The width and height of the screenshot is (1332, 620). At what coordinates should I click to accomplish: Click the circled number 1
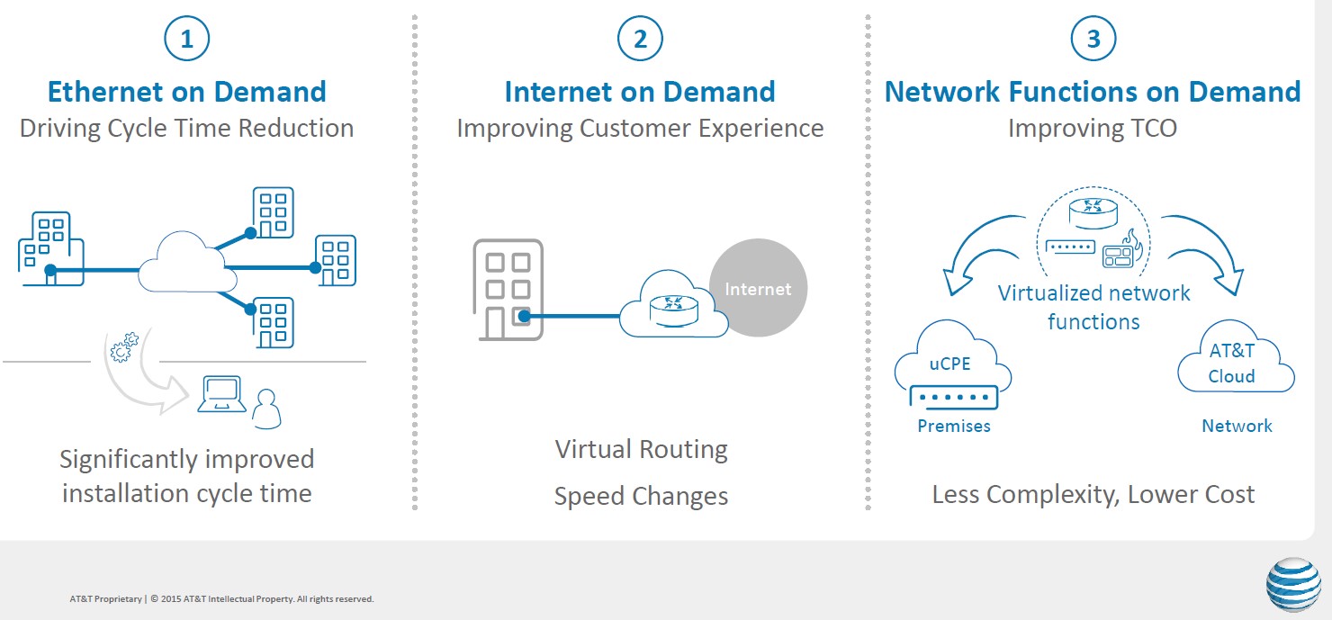click(186, 39)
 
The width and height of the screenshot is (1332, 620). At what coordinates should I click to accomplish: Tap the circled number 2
click(640, 39)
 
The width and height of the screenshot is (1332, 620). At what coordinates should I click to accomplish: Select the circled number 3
click(1093, 39)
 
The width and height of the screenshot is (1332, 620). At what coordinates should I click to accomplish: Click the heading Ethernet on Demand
click(186, 92)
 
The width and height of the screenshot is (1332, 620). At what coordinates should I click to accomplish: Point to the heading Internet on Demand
click(640, 92)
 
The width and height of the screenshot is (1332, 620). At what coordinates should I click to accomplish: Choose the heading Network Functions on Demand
click(1093, 92)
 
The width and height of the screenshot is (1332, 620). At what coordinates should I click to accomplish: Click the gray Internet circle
click(758, 288)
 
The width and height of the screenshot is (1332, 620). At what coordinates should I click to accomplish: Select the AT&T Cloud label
click(1232, 363)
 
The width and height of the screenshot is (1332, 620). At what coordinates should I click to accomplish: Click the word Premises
click(954, 426)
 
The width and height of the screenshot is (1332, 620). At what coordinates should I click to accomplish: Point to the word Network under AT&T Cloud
click(1237, 426)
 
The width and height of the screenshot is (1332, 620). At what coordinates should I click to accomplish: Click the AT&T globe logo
click(1293, 585)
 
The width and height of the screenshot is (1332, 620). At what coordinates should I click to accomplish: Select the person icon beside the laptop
click(266, 409)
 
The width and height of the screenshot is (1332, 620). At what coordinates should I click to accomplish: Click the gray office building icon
click(508, 289)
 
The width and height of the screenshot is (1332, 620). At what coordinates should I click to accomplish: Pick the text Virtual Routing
click(641, 449)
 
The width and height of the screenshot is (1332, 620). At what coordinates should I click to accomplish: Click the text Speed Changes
click(641, 496)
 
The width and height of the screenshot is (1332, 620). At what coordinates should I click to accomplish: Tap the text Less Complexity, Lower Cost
click(1093, 494)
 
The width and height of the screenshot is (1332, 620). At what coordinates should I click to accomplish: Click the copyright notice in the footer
click(221, 598)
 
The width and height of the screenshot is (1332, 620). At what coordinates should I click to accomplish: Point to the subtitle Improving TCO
click(1092, 128)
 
